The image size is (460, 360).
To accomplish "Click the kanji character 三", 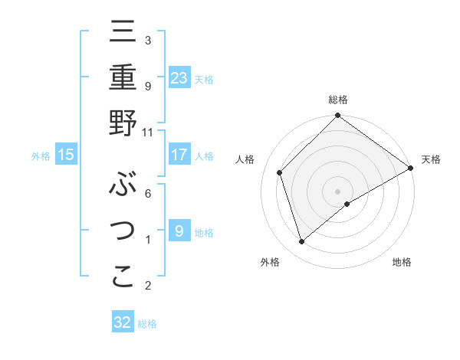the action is [123, 33].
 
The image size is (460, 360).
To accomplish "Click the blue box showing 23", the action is [179, 77].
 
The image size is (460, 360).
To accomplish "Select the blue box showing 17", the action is [179, 155].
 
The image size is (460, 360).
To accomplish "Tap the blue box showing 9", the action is [179, 231].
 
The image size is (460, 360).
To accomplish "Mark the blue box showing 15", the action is [66, 155].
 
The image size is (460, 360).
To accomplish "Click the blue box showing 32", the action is [123, 322].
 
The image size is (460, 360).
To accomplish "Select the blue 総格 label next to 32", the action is [147, 324].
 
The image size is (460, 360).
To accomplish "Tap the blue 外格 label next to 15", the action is [41, 155].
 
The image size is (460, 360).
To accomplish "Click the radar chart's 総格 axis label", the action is [338, 100].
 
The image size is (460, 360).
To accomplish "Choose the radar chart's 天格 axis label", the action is [432, 159].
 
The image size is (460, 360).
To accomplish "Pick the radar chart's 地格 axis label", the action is [402, 263].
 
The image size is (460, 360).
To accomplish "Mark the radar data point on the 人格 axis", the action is [280, 172].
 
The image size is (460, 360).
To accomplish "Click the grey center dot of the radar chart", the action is [338, 191].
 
